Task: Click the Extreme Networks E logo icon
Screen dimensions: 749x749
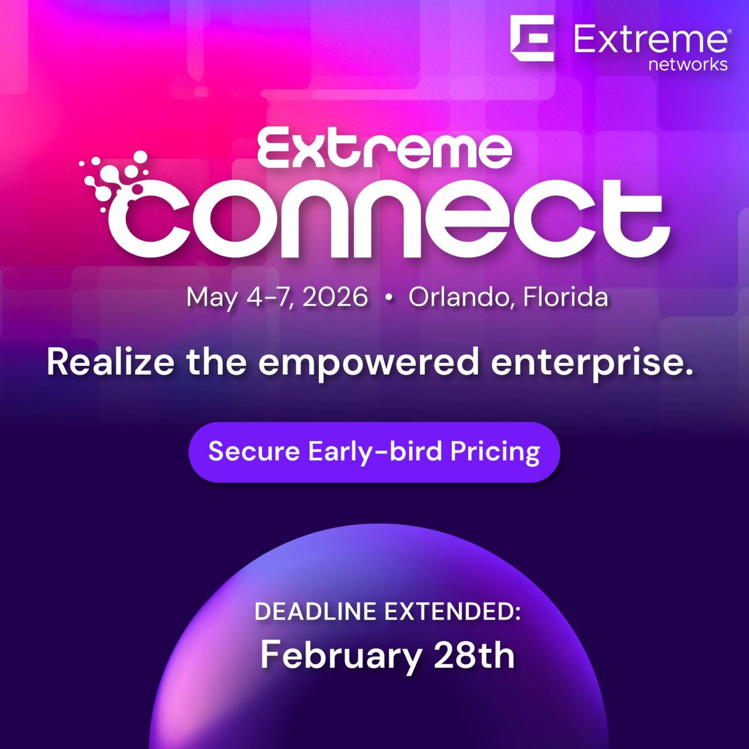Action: (532, 39)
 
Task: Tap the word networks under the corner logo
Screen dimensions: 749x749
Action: (688, 64)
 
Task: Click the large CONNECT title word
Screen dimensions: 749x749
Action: (393, 218)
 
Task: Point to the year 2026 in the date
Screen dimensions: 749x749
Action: (336, 297)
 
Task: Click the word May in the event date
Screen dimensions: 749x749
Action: (212, 298)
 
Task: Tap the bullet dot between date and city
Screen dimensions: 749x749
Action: (389, 299)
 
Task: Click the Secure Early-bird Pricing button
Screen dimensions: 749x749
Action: (374, 451)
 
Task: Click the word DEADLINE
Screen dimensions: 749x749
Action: (316, 611)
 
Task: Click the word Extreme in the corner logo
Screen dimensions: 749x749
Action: (650, 41)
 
